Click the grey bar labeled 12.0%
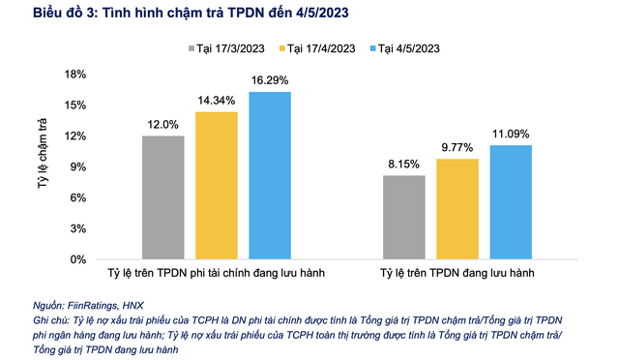(x=162, y=197)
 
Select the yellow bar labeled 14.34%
(x=216, y=186)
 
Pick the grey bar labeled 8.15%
(x=403, y=218)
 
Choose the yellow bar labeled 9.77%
(x=457, y=209)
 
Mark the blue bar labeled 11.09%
(x=510, y=202)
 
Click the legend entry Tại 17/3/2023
(x=224, y=48)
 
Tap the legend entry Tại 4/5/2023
(x=405, y=48)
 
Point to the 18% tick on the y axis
(x=74, y=74)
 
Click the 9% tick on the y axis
(x=77, y=166)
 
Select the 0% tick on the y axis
(x=77, y=259)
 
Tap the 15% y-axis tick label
(x=74, y=105)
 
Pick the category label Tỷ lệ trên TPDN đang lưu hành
(x=457, y=275)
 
